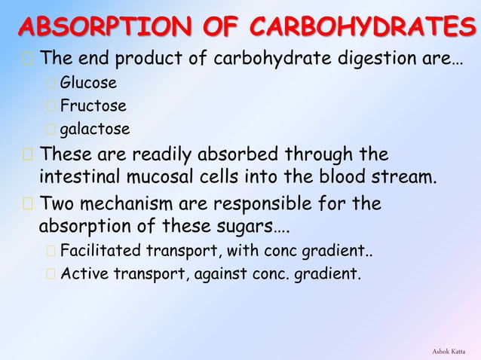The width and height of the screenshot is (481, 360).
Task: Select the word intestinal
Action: click(x=75, y=179)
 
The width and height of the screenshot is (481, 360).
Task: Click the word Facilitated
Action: click(x=97, y=251)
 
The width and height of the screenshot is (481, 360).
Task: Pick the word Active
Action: click(x=83, y=274)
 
